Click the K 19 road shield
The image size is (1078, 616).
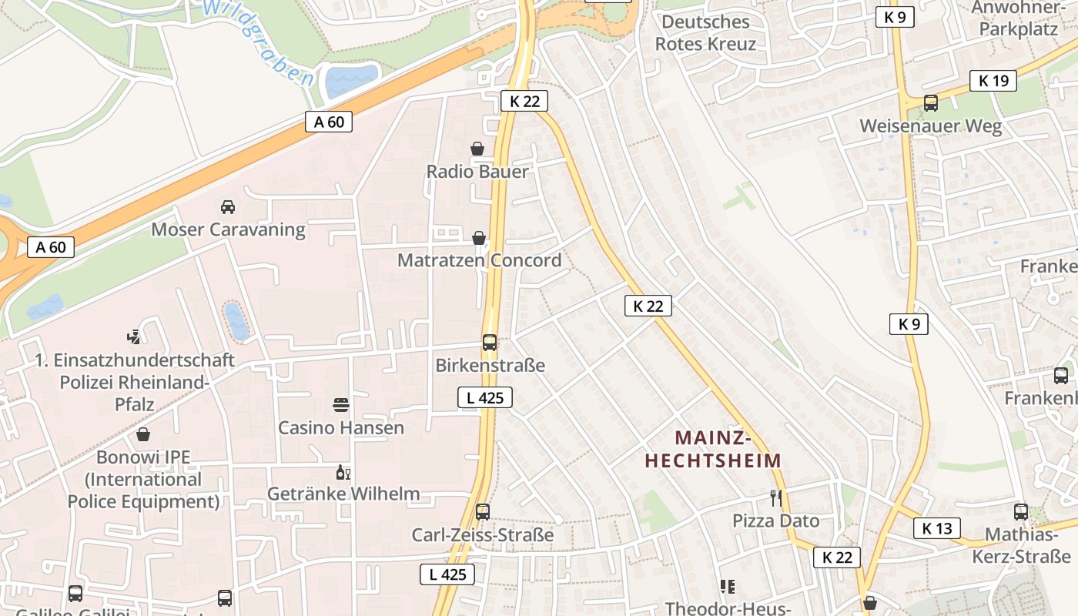tap(993, 80)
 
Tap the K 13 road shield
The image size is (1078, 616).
tap(937, 528)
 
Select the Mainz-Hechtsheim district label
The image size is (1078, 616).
tap(713, 449)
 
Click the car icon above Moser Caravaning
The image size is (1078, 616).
tap(228, 207)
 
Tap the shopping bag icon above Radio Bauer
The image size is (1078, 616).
tap(477, 149)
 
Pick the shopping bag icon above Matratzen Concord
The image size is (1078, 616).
tap(479, 238)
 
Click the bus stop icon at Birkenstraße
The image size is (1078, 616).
tap(490, 343)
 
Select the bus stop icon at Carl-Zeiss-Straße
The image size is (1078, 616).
tap(483, 511)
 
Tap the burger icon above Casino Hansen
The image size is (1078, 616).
tap(341, 404)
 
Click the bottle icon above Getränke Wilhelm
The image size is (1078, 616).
tap(343, 472)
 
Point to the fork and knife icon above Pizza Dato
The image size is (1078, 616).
tap(776, 498)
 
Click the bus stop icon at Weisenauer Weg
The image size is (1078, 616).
tap(931, 102)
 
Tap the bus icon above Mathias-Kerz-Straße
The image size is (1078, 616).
tap(1021, 511)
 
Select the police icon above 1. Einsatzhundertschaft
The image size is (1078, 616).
tap(135, 336)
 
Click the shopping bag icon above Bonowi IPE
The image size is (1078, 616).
tap(143, 435)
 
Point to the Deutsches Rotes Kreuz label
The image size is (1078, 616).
tap(705, 33)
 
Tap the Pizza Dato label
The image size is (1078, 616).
tap(775, 521)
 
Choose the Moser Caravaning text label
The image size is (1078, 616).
tap(228, 229)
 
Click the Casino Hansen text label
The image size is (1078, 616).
tap(341, 427)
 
